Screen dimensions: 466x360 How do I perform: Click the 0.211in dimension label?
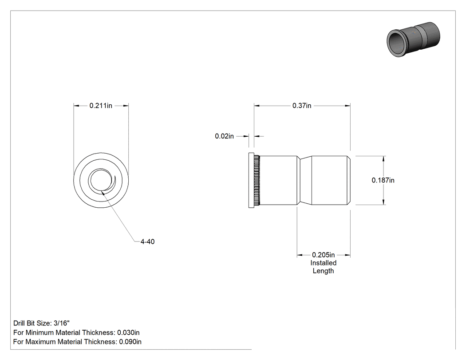click(101, 106)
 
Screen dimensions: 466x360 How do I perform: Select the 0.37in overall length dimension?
click(302, 106)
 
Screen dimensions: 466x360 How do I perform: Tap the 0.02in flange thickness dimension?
click(225, 136)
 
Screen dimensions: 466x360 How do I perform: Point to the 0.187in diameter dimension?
click(383, 180)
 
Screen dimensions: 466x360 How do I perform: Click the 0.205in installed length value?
click(323, 255)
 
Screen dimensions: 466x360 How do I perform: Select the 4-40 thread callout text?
click(147, 241)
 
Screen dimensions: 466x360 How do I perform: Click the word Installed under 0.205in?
click(324, 263)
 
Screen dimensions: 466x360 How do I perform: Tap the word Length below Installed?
click(323, 271)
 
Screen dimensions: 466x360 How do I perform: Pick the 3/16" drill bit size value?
click(62, 323)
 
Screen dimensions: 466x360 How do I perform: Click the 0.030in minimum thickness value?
click(128, 332)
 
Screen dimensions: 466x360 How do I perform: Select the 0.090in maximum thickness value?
click(130, 341)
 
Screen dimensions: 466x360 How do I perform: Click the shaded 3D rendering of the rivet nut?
click(413, 40)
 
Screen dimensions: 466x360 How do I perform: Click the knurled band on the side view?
click(257, 180)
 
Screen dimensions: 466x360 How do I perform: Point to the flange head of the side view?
click(251, 180)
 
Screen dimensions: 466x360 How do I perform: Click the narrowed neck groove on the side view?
click(304, 180)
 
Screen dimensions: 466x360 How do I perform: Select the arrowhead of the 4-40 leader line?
click(103, 193)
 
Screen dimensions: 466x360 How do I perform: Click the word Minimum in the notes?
click(40, 332)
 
